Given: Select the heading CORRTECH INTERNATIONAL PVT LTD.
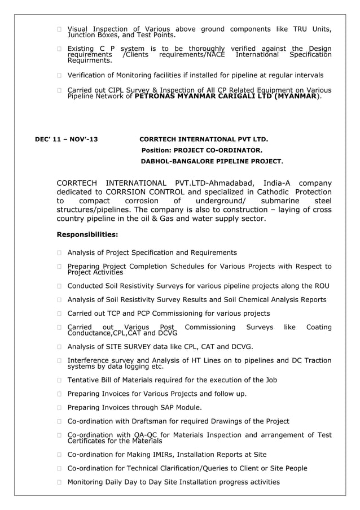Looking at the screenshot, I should [203, 139].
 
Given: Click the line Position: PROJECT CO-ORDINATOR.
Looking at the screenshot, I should [201, 150].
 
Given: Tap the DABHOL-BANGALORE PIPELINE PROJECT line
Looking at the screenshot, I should [212, 162].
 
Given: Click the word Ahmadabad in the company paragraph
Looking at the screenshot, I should [231, 182].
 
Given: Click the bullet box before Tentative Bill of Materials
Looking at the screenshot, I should [59, 380].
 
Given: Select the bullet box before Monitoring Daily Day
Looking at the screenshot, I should [59, 482].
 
